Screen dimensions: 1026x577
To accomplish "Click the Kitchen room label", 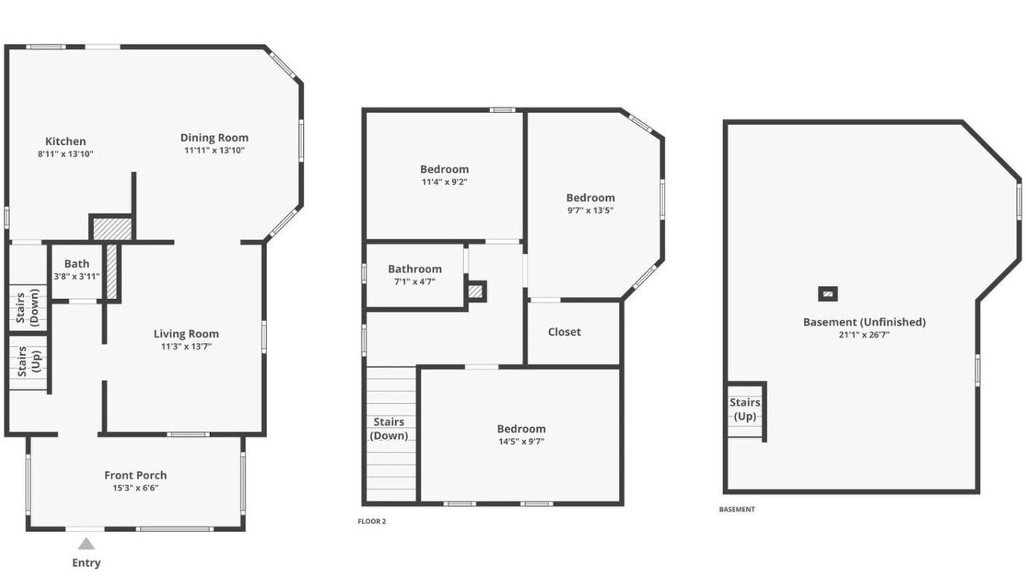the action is [66, 142].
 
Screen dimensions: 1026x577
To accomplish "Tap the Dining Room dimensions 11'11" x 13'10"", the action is [214, 150].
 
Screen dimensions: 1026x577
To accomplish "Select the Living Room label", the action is [186, 334].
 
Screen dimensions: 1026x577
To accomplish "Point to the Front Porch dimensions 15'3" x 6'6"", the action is [135, 488].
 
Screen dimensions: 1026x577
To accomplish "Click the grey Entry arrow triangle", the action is [86, 544].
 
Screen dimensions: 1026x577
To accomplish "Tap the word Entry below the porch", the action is [86, 563].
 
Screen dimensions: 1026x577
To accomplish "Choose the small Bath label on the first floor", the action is [76, 264].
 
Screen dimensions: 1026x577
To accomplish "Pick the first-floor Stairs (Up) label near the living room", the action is [28, 361].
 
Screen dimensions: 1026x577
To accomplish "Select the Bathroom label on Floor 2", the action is [415, 268].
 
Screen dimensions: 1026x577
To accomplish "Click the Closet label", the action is [564, 332].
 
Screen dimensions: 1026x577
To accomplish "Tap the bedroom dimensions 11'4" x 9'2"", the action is [444, 182].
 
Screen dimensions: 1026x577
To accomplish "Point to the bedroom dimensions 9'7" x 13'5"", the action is [591, 211].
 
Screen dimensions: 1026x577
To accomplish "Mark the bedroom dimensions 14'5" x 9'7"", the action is [521, 442].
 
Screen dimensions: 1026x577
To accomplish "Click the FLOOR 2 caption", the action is [372, 521].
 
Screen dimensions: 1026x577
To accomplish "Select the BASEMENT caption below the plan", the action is [737, 509].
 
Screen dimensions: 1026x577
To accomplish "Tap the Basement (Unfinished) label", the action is [864, 322].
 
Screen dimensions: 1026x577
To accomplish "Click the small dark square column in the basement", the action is [828, 293].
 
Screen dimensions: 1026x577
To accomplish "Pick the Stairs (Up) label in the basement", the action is [745, 409].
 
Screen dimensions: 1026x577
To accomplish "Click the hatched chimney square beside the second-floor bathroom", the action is [475, 291].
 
